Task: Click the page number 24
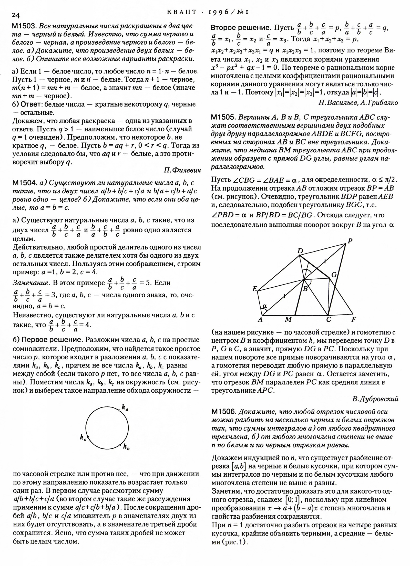[16, 15]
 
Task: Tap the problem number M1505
[223, 118]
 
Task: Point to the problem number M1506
[223, 412]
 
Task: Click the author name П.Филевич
[182, 170]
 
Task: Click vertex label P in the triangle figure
[350, 241]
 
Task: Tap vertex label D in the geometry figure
[300, 251]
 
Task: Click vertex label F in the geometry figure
[354, 319]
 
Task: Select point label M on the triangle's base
[289, 320]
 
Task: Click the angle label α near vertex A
[265, 306]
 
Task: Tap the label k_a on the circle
[125, 408]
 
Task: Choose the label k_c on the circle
[83, 438]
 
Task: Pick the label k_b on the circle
[126, 454]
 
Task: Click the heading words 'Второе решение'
[240, 28]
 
